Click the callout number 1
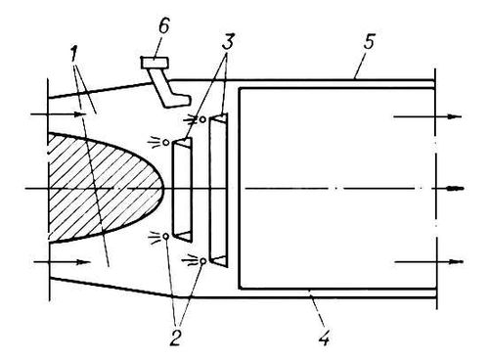click(x=74, y=57)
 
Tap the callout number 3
click(x=228, y=42)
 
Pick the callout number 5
click(x=369, y=42)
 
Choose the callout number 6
click(x=164, y=25)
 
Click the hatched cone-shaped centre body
click(x=106, y=188)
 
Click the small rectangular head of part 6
click(x=155, y=63)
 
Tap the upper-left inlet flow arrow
click(x=58, y=114)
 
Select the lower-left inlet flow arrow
click(x=62, y=262)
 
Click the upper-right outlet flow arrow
click(x=428, y=116)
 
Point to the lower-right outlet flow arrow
click(x=428, y=262)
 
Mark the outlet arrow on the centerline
click(x=456, y=189)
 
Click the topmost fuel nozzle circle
click(x=202, y=119)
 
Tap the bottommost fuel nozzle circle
click(x=203, y=261)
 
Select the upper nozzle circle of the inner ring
click(x=166, y=143)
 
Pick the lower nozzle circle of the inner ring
click(x=166, y=236)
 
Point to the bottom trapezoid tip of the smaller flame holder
click(x=183, y=237)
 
